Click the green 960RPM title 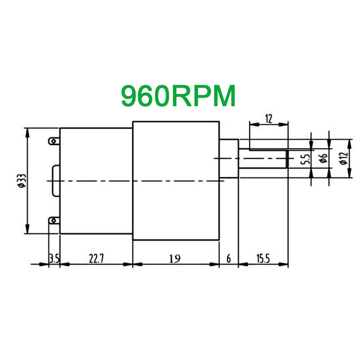[x=178, y=96]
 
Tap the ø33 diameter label [x=22, y=181]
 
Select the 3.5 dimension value [x=54, y=259]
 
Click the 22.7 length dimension [x=96, y=259]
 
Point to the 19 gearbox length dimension [x=175, y=259]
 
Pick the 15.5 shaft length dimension [x=263, y=259]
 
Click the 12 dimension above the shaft [x=269, y=119]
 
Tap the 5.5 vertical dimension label [x=305, y=159]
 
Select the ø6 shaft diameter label [x=323, y=158]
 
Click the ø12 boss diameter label [x=344, y=158]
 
